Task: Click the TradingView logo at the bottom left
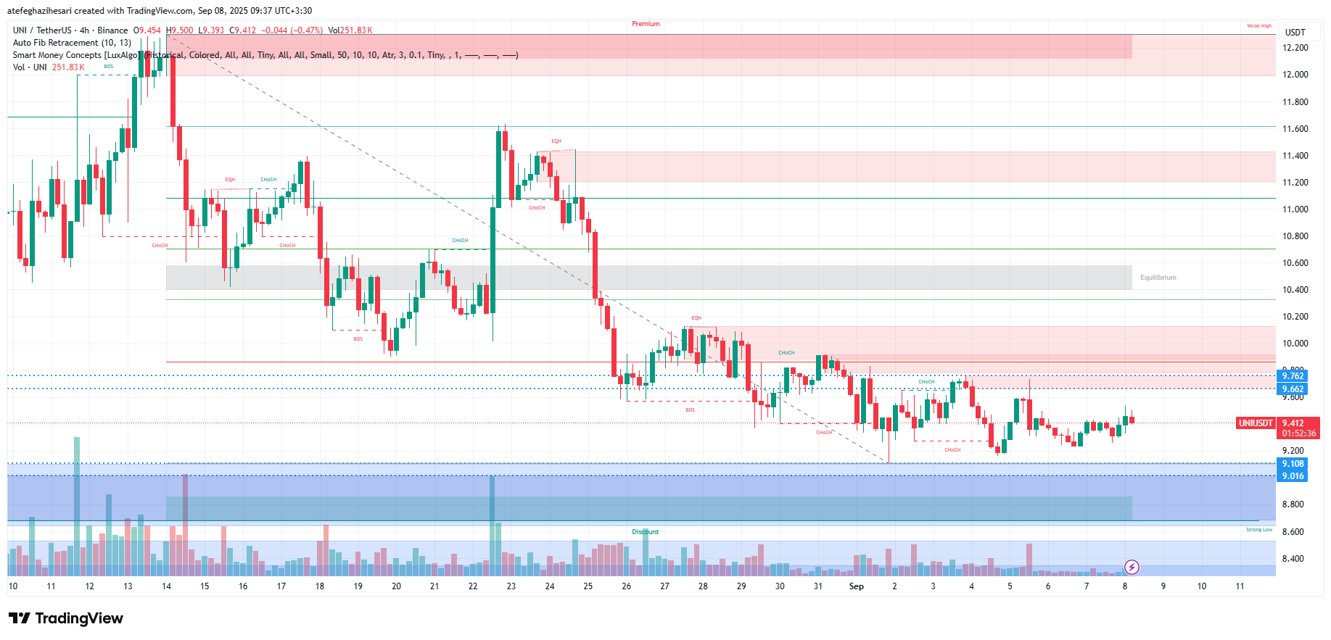(x=66, y=618)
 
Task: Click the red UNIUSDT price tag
(x=1255, y=423)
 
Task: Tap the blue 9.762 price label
(x=1292, y=375)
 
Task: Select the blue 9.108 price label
(x=1292, y=464)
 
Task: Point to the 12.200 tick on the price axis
(x=1295, y=48)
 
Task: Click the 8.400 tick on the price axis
(x=1295, y=559)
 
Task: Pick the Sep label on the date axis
(x=856, y=586)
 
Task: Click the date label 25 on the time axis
(x=588, y=586)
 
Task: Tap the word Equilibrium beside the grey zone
(x=1158, y=278)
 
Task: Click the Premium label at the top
(x=646, y=24)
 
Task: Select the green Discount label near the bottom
(x=645, y=532)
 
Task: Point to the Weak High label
(x=1258, y=26)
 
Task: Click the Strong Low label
(x=1258, y=530)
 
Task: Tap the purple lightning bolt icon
(x=1132, y=567)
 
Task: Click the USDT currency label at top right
(x=1295, y=32)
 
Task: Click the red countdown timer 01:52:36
(x=1298, y=433)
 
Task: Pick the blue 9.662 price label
(x=1292, y=389)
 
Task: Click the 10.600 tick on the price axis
(x=1295, y=263)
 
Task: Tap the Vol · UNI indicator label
(x=30, y=67)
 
